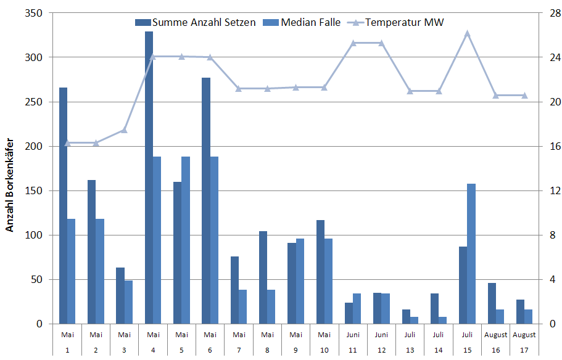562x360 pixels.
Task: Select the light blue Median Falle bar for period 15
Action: [471, 253]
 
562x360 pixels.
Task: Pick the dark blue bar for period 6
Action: [206, 200]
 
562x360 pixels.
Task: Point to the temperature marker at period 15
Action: [467, 33]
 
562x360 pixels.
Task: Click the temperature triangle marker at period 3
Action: [124, 130]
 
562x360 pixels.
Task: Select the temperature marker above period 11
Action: [353, 43]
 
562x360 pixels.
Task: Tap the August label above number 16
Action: [495, 335]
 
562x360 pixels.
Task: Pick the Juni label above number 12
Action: [381, 335]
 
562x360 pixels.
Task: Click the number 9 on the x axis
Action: [295, 350]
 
